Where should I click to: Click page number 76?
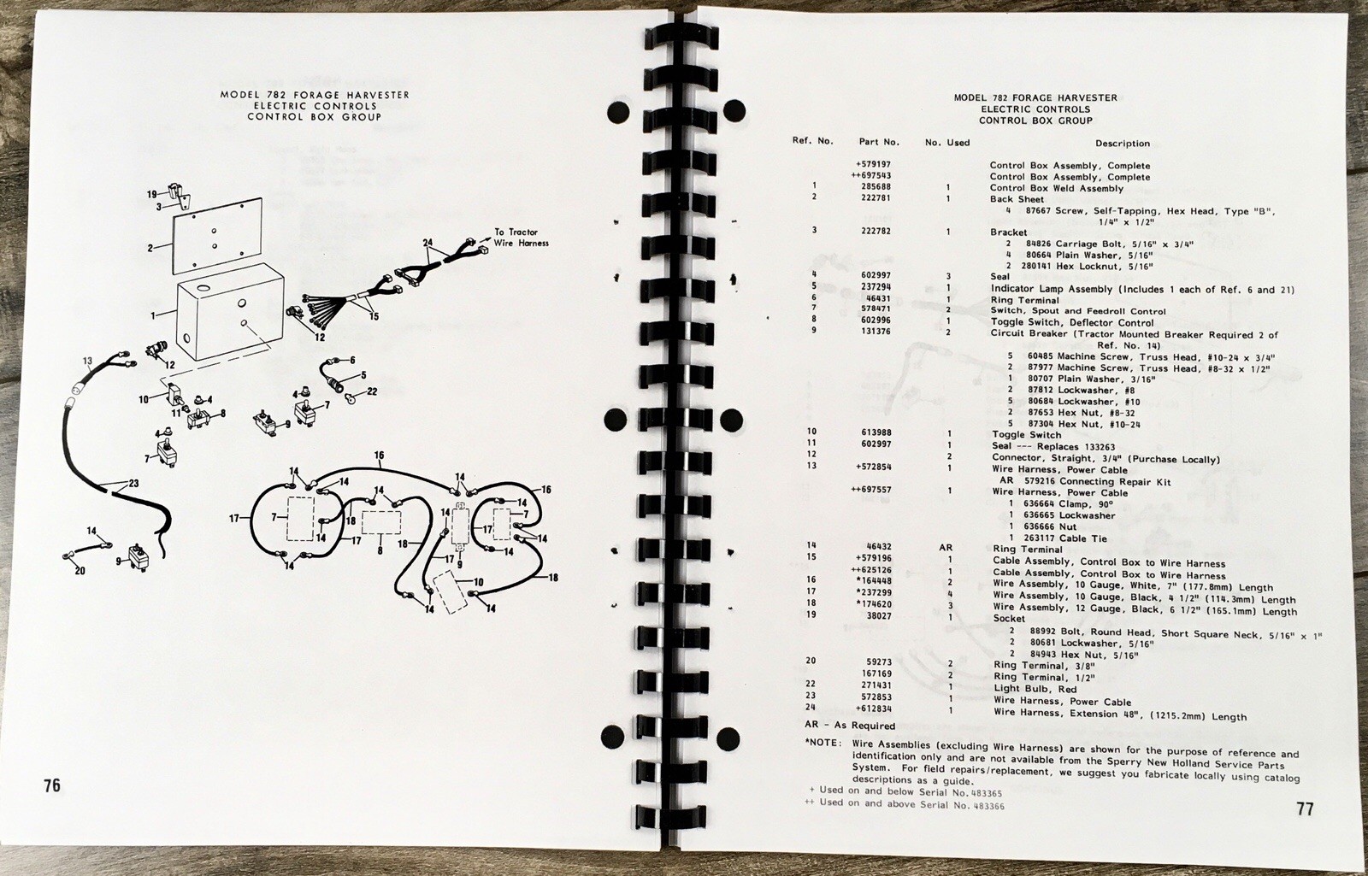coord(52,785)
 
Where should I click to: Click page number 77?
coord(1305,808)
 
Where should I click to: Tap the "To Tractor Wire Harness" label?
coord(521,238)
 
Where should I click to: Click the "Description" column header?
coord(1122,144)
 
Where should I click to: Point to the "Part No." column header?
coord(879,142)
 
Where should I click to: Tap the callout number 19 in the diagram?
coord(152,194)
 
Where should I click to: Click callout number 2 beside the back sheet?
coord(150,248)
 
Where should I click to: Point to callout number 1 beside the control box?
coord(153,315)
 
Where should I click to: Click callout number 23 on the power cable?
coord(133,484)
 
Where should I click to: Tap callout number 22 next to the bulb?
coord(372,391)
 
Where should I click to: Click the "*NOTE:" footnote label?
coord(824,744)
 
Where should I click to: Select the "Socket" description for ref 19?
coord(1010,618)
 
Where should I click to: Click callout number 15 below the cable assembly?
coord(373,315)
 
